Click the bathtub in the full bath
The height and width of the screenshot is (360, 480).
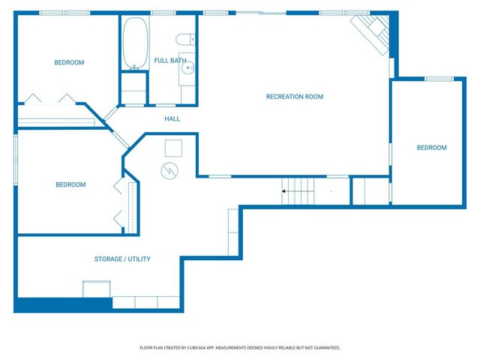coord(135,43)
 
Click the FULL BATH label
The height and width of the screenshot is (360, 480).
coord(170,60)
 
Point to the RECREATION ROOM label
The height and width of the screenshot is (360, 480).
coord(294,97)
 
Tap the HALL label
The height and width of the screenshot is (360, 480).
coord(172,118)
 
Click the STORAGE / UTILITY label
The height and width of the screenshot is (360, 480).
coord(122,259)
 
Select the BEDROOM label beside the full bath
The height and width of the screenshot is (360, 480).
coord(69,63)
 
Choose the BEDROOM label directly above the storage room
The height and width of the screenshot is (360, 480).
coord(70,184)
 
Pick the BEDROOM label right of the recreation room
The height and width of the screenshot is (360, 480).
coord(431,148)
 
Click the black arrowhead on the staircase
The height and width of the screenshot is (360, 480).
coord(284,191)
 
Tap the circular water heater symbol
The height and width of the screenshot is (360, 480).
coord(170,171)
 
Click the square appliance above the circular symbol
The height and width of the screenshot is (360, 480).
coord(173,147)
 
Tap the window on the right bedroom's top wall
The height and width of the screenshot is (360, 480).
coord(439,79)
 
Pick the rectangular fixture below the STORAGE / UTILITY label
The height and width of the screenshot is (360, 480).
coord(97,289)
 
